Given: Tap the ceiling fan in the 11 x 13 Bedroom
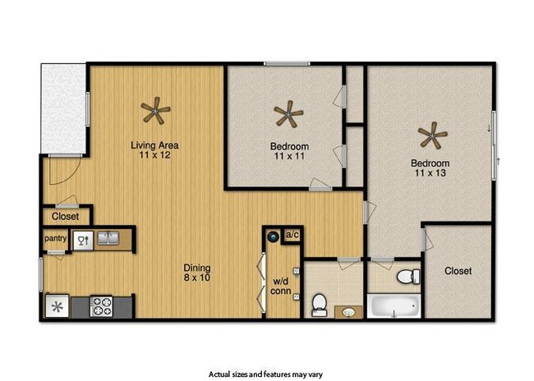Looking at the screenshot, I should (x=432, y=133).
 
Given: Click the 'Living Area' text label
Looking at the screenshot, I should (x=154, y=146).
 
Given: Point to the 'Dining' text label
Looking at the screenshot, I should (x=197, y=268).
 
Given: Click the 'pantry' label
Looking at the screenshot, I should (x=55, y=239).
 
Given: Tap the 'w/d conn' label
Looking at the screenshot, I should (x=280, y=287).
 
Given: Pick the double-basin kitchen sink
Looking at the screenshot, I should (x=107, y=239).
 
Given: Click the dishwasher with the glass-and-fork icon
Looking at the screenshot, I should (x=82, y=240).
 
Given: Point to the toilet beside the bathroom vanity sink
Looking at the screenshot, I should (x=320, y=305).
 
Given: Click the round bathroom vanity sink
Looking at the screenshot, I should (x=349, y=312).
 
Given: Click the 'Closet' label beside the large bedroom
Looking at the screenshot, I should (x=458, y=271).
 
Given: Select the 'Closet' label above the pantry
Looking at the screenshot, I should (x=65, y=217).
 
